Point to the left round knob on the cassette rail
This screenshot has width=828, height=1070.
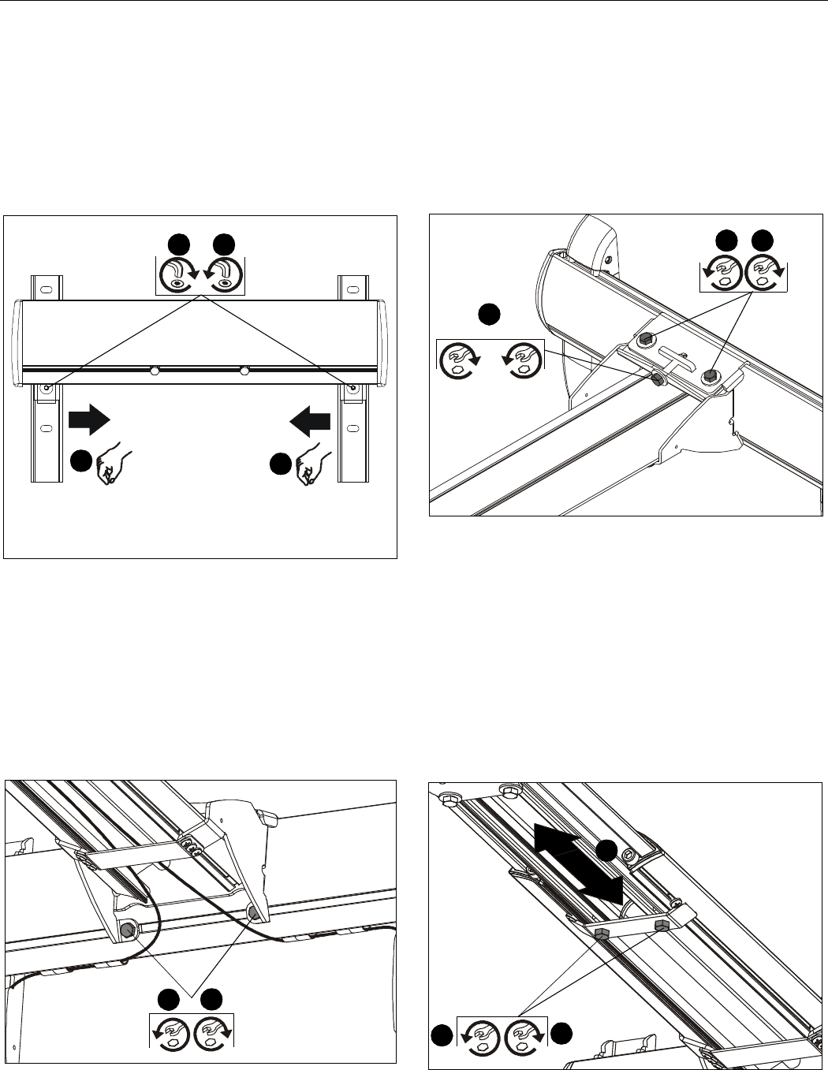pyautogui.click(x=155, y=370)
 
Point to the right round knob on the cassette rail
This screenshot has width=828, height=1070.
pyautogui.click(x=244, y=370)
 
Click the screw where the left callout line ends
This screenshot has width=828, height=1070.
pyautogui.click(x=47, y=388)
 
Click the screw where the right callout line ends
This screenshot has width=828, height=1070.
pyautogui.click(x=352, y=388)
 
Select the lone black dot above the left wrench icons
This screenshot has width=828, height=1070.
pyautogui.click(x=489, y=314)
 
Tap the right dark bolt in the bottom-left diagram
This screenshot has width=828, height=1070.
pyautogui.click(x=254, y=912)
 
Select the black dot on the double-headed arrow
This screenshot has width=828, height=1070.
pyautogui.click(x=605, y=851)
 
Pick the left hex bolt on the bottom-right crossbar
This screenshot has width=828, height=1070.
pyautogui.click(x=601, y=935)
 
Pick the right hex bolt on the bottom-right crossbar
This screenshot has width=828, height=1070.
pyautogui.click(x=661, y=923)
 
